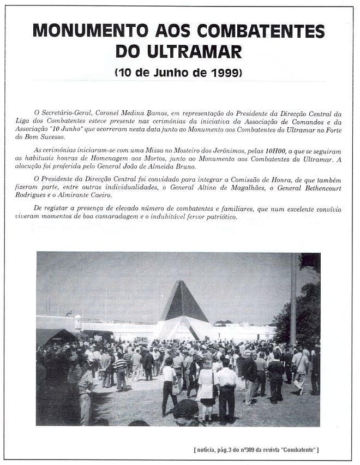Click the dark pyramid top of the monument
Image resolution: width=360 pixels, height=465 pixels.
coord(183,302)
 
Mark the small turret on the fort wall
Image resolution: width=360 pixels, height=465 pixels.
coord(77,321)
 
